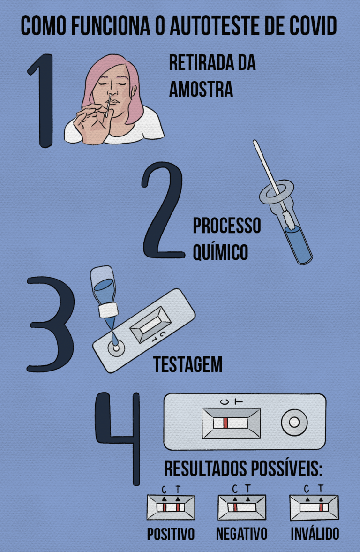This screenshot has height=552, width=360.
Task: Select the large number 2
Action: tap(163, 210)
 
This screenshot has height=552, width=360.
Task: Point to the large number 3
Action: tap(50, 325)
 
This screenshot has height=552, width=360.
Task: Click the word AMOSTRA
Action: tap(201, 89)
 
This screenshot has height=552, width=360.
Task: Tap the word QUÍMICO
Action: tap(221, 252)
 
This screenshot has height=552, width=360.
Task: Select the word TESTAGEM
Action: tap(188, 364)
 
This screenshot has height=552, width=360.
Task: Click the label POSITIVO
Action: tap(171, 534)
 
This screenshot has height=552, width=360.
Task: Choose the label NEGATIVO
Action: tap(241, 534)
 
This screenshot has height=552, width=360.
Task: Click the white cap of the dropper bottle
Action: tap(108, 310)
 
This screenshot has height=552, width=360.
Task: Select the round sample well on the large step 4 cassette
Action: tap(294, 422)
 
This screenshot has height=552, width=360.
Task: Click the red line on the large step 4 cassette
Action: tap(225, 423)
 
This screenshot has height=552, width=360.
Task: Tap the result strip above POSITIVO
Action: tap(171, 507)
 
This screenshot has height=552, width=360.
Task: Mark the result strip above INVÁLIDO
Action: tap(314, 507)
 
